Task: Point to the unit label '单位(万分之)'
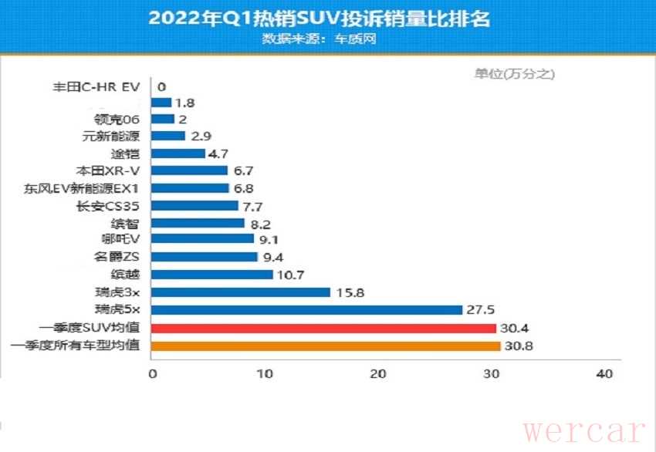[x=514, y=74]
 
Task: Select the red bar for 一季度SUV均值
[x=324, y=329]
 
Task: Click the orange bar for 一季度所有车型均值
[x=326, y=346]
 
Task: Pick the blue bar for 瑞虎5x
[x=307, y=310]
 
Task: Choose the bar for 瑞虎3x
[x=242, y=292]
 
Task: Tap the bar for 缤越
[x=212, y=275]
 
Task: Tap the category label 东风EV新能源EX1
[x=86, y=187]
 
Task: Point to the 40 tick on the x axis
[x=604, y=374]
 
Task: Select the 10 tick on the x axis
[x=265, y=374]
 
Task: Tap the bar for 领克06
[x=164, y=119]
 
